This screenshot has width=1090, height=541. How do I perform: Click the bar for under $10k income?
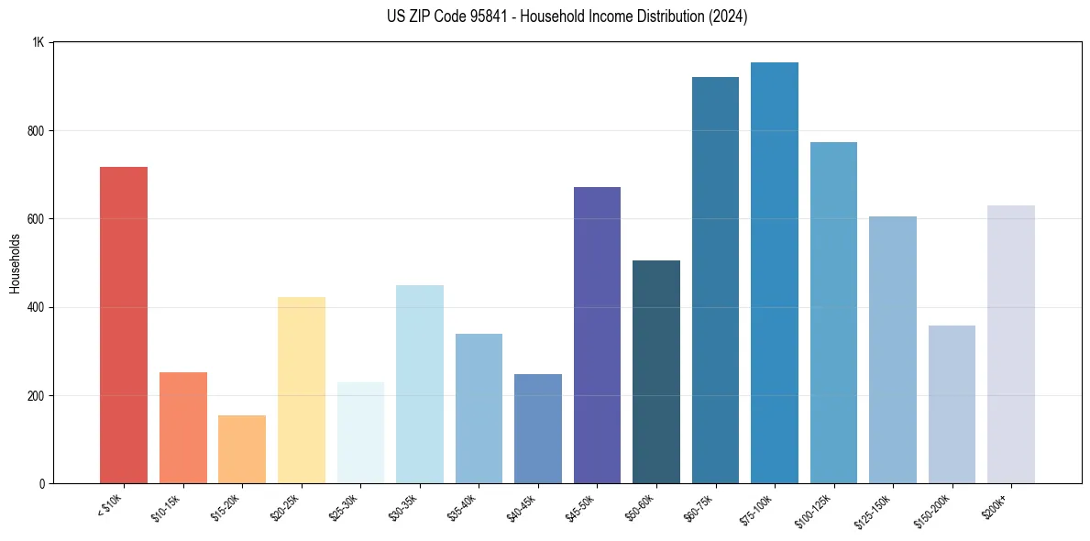click(x=123, y=325)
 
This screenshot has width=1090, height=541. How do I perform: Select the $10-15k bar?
click(x=182, y=427)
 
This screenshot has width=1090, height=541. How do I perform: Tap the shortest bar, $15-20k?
click(x=242, y=449)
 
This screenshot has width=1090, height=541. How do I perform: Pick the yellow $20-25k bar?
click(x=301, y=390)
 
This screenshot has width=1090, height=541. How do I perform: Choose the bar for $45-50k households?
click(x=597, y=335)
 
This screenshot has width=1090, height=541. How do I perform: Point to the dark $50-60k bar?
click(x=656, y=371)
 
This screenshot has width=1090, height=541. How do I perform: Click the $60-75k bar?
click(x=715, y=280)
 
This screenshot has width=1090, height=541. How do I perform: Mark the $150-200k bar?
click(x=952, y=404)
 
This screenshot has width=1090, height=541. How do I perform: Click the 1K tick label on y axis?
click(x=39, y=42)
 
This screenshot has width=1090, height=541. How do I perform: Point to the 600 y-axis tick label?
click(x=37, y=219)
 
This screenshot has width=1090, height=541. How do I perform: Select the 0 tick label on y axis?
click(x=42, y=484)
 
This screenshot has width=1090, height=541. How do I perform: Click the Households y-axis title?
click(x=15, y=263)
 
